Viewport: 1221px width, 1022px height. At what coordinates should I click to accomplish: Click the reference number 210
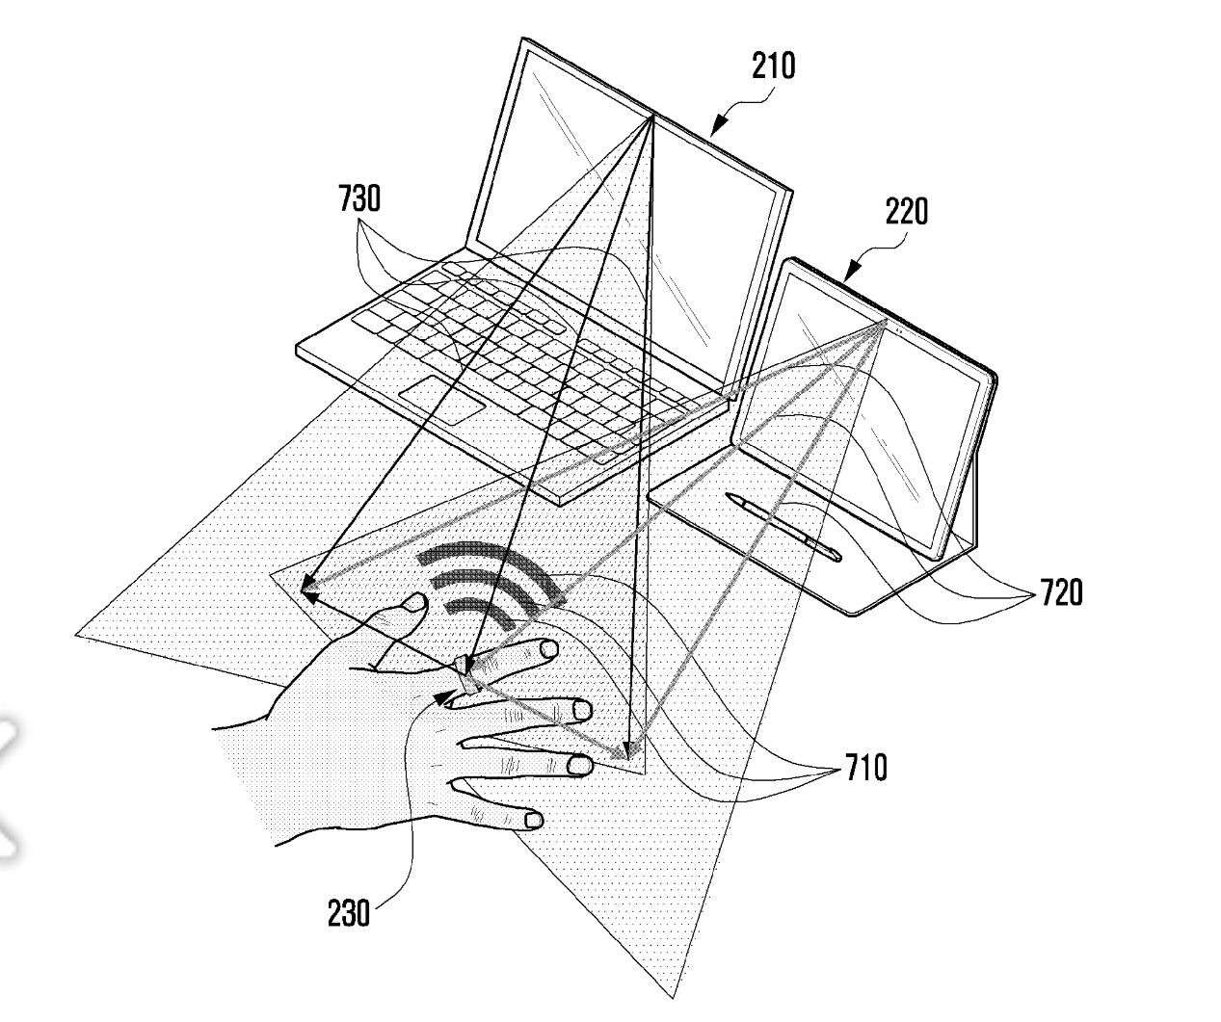pyautogui.click(x=773, y=66)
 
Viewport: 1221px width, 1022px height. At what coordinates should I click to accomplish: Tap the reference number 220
pyautogui.click(x=906, y=212)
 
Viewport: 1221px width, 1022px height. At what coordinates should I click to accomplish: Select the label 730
pyautogui.click(x=359, y=198)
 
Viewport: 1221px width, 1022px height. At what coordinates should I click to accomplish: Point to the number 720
pyautogui.click(x=1061, y=591)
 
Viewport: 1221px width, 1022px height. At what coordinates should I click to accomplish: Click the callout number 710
pyautogui.click(x=866, y=767)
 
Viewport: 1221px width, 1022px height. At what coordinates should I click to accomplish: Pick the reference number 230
pyautogui.click(x=349, y=912)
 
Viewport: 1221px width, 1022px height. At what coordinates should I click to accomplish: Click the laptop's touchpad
pyautogui.click(x=441, y=401)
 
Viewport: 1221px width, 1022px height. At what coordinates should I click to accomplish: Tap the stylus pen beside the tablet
pyautogui.click(x=783, y=527)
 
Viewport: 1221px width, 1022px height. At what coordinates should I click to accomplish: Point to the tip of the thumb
pyautogui.click(x=416, y=602)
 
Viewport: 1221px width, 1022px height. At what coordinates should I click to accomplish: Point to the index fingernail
pyautogui.click(x=548, y=648)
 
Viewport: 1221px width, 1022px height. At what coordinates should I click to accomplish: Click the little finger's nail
pyautogui.click(x=533, y=821)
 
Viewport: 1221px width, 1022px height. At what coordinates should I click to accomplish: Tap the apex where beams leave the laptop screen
pyautogui.click(x=651, y=117)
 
